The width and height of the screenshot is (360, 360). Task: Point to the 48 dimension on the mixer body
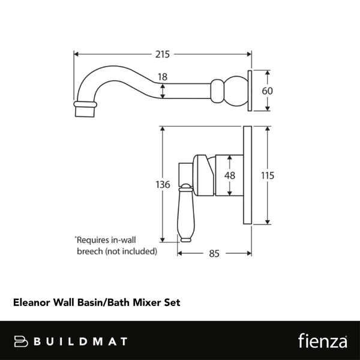click(x=230, y=176)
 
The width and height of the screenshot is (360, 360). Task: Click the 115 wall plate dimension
click(x=268, y=176)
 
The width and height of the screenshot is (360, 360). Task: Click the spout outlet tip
click(x=85, y=110)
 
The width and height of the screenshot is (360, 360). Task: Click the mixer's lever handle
click(x=185, y=213)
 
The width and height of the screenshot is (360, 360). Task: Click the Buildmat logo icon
click(x=22, y=341)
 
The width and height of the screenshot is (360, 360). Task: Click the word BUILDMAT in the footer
click(x=80, y=341)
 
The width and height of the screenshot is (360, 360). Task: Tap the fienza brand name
click(x=322, y=341)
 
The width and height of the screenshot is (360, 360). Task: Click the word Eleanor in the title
click(x=32, y=303)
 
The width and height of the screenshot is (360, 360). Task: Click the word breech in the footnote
click(x=90, y=251)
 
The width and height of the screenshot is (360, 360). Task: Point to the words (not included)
click(x=131, y=251)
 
